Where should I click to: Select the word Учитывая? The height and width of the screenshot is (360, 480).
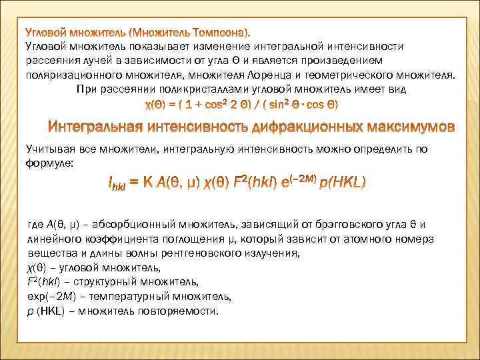[49, 149]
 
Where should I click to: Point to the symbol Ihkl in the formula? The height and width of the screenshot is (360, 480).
[118, 182]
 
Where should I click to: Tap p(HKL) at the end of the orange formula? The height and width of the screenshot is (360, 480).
[342, 181]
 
